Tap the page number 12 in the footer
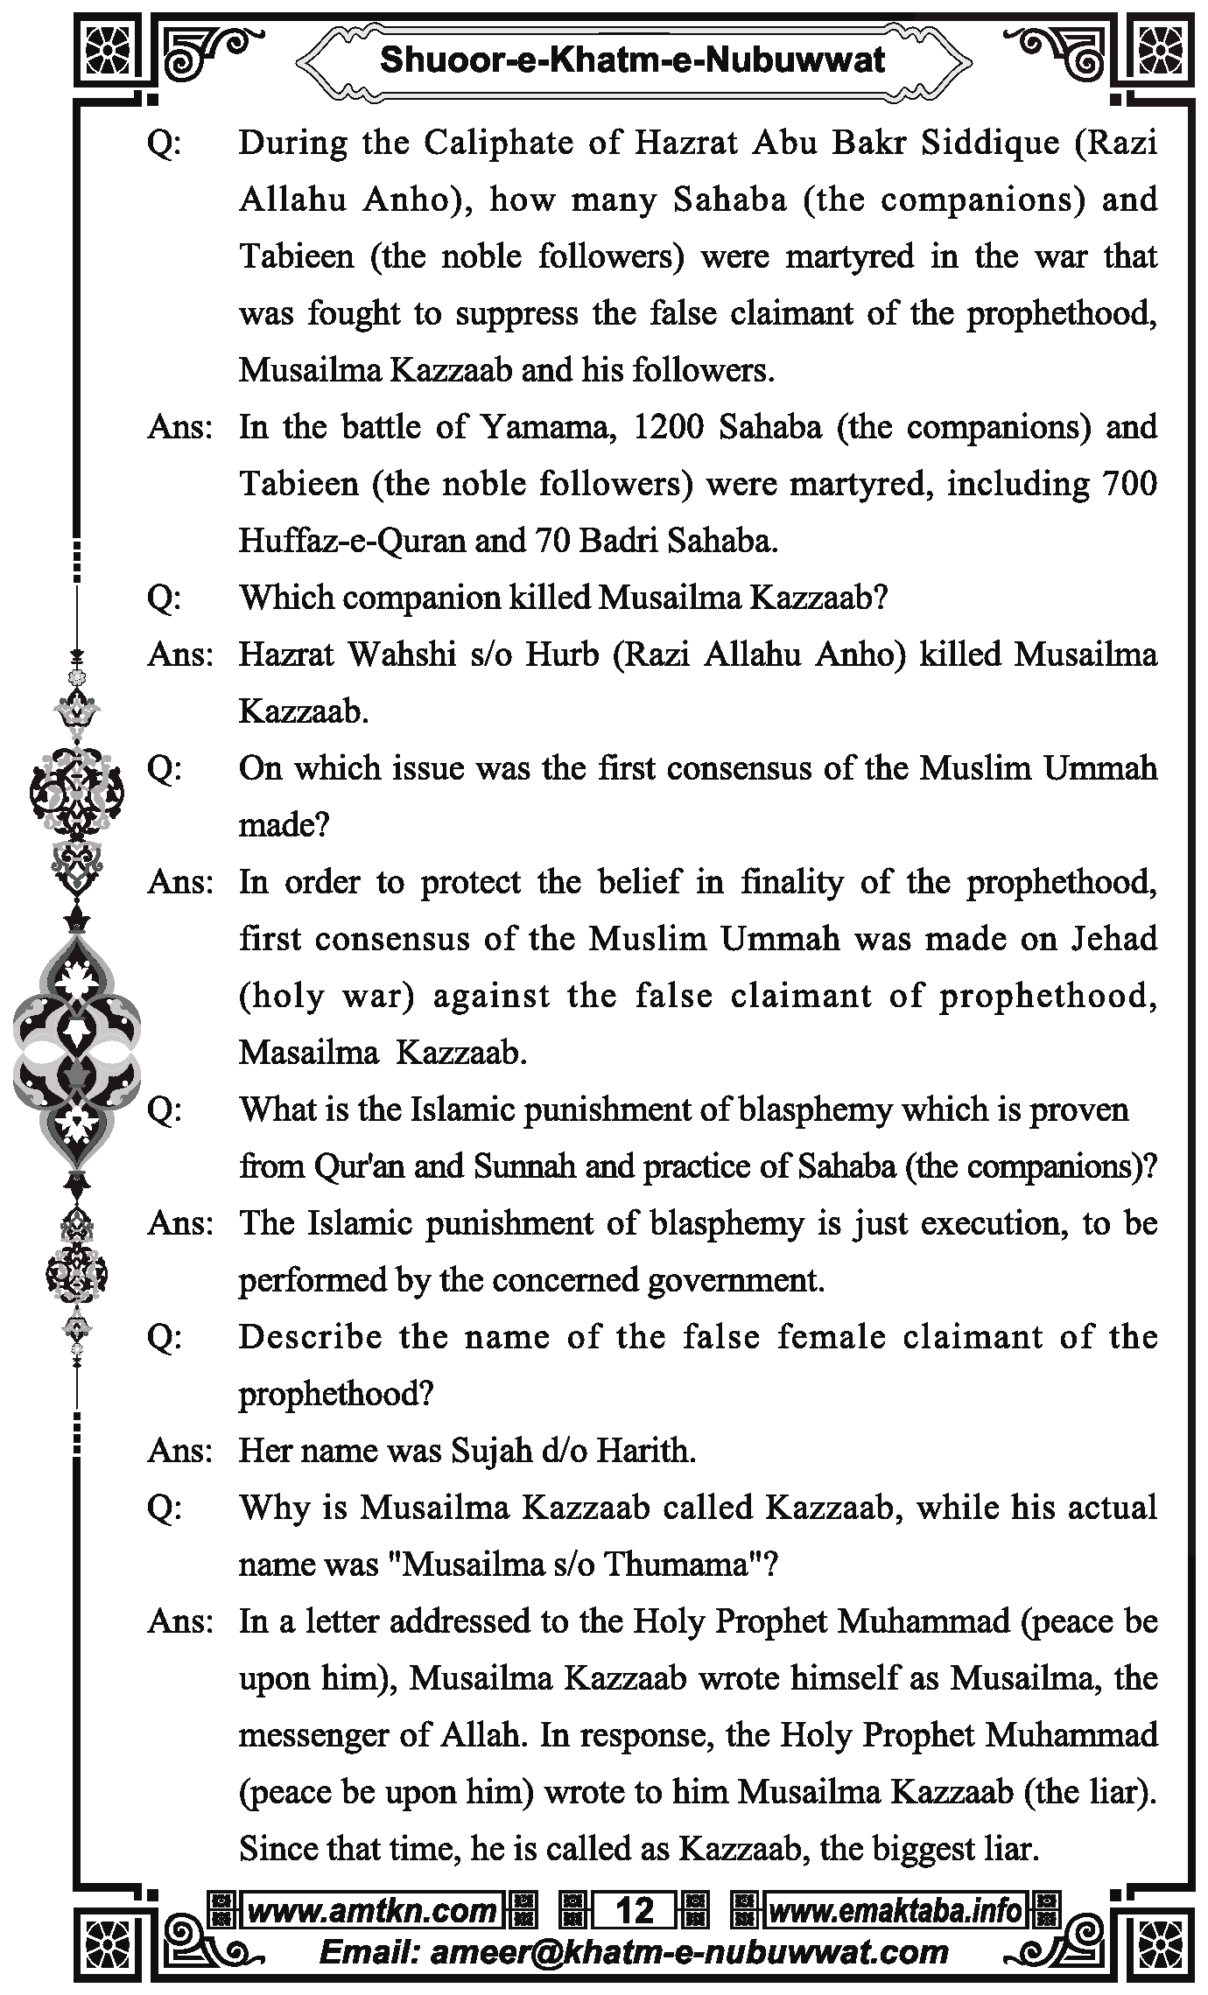[x=635, y=1911]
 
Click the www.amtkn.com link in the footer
[x=372, y=1911]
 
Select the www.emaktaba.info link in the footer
[x=895, y=1911]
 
